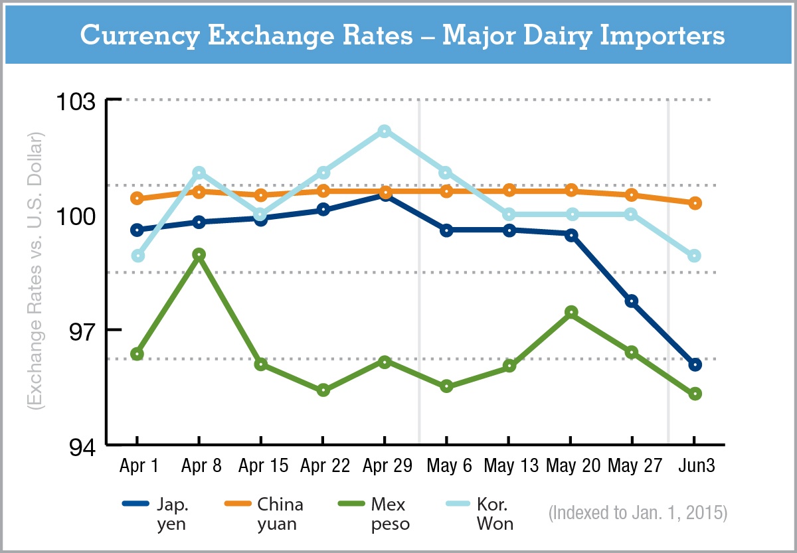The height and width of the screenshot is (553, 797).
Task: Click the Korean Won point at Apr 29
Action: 385,131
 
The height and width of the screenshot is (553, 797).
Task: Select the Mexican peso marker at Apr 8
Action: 199,254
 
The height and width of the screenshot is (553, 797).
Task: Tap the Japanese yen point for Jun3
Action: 695,364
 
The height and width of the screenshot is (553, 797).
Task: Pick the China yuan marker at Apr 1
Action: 137,198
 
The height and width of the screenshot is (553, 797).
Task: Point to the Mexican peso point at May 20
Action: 571,312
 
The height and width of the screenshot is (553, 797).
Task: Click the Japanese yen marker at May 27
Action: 632,301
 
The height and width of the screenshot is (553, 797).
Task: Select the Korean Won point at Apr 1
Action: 137,256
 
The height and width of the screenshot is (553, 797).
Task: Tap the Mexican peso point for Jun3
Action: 695,394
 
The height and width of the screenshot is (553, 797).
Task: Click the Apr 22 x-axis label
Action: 324,466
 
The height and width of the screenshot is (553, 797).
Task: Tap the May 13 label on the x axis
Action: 509,466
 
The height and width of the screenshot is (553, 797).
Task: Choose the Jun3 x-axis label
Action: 695,466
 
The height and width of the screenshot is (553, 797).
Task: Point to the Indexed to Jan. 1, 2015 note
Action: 638,514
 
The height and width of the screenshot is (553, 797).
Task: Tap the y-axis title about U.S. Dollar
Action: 35,272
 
